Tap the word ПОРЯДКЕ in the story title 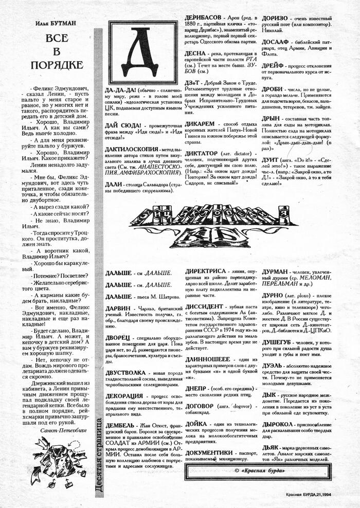click(57, 65)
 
